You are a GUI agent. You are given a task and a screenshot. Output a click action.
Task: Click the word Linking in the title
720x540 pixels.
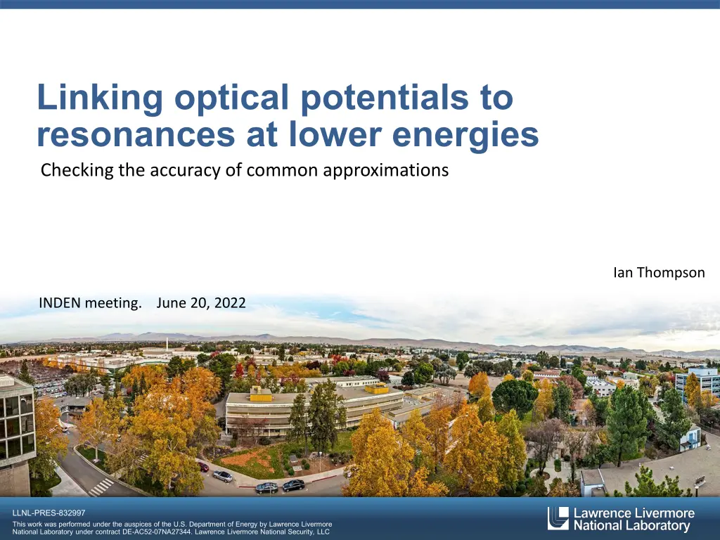tap(100, 98)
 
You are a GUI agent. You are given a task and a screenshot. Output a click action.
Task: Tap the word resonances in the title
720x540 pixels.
tap(136, 134)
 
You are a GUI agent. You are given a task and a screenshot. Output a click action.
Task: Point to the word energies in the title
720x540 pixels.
tap(465, 136)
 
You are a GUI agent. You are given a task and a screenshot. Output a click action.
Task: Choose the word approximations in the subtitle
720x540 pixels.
tap(386, 170)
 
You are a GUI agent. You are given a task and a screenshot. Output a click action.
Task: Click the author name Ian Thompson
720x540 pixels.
tap(659, 272)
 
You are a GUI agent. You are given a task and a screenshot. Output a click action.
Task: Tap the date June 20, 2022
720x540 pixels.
tap(201, 302)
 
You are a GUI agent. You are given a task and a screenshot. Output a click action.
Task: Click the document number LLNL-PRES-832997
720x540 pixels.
tap(49, 513)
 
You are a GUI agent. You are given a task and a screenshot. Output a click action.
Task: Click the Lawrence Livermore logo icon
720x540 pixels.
tap(558, 518)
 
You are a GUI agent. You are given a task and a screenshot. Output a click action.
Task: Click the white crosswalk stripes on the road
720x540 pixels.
tap(101, 487)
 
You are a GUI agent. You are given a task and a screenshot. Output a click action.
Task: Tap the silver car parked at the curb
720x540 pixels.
tap(223, 476)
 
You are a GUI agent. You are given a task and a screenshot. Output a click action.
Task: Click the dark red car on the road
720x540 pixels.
tap(203, 467)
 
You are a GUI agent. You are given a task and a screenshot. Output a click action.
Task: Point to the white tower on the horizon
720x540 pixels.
tap(167, 343)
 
